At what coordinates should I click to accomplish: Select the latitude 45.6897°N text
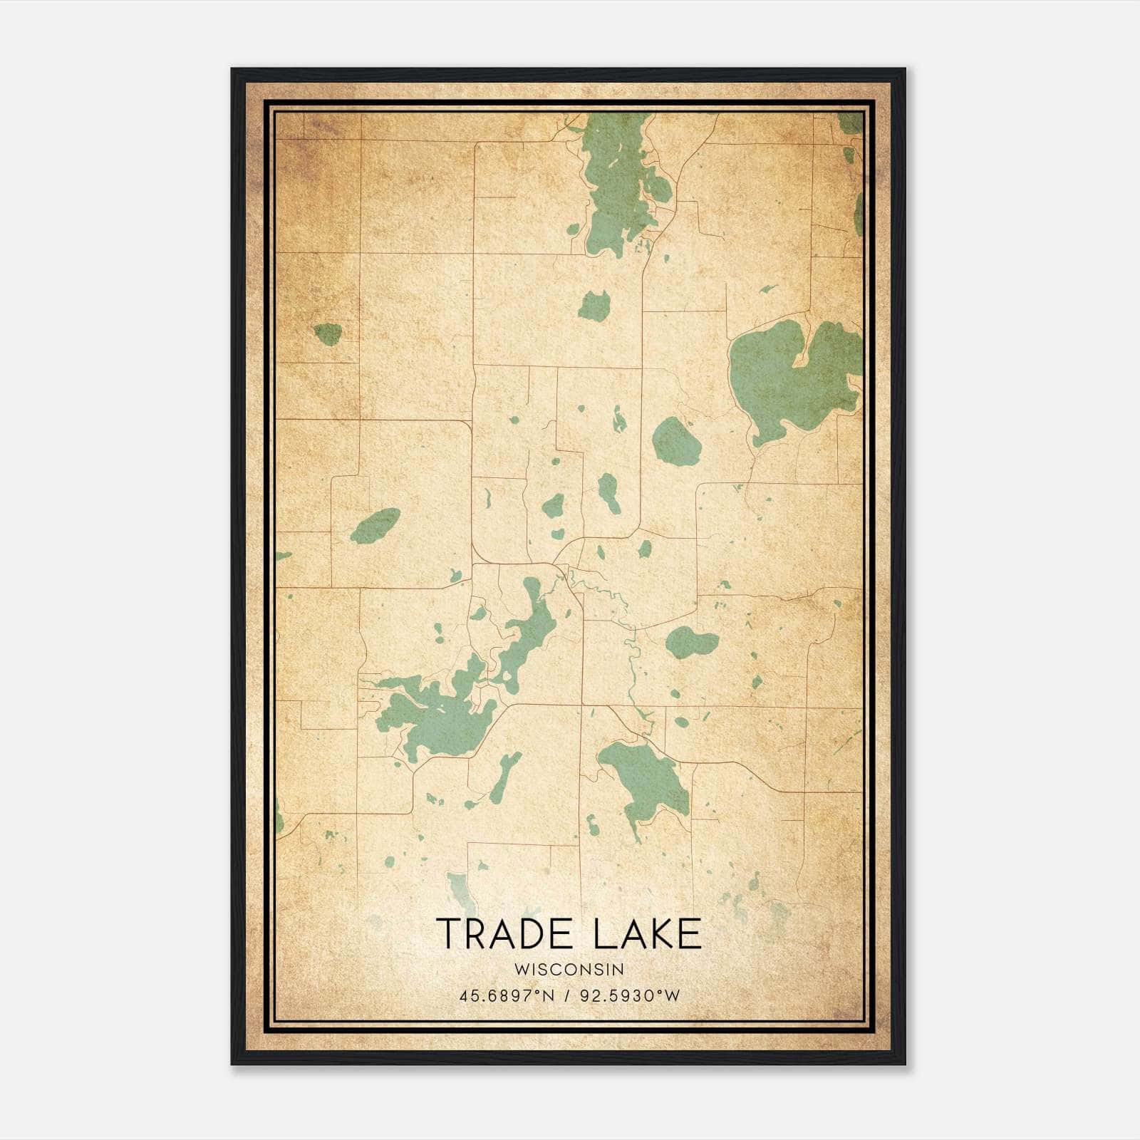point(507,995)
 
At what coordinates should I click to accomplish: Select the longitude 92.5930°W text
point(630,995)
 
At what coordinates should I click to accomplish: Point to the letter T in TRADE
point(448,934)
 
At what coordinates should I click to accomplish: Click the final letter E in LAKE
point(690,934)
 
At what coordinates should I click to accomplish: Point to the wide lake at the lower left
point(435,716)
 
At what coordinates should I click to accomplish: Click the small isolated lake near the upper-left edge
point(328,333)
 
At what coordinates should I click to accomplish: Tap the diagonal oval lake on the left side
point(375,526)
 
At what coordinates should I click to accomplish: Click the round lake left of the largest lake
point(676,442)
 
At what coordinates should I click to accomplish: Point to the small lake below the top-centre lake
point(594,306)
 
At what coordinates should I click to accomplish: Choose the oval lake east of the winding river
point(690,643)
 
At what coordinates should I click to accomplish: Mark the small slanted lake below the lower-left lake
point(504,777)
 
